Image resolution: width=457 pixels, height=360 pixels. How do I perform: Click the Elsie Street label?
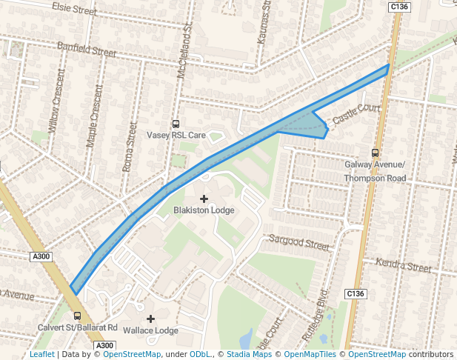tap(75, 9)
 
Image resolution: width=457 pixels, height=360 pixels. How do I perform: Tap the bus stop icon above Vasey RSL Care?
tap(176, 124)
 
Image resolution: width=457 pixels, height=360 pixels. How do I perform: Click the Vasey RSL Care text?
tap(176, 136)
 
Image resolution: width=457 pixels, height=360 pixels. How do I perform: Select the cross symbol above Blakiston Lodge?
tap(204, 199)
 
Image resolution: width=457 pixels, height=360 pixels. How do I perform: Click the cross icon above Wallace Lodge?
tap(150, 319)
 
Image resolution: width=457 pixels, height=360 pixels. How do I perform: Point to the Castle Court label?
tap(356, 113)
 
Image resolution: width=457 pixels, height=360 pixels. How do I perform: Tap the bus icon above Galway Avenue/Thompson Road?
tap(375, 153)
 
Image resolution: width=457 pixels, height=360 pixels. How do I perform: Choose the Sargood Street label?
tap(298, 241)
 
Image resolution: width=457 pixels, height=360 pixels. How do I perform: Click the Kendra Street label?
tap(403, 264)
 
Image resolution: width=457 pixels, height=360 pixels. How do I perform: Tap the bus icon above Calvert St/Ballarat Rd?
tap(77, 316)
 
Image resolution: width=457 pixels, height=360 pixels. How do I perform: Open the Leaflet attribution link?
tap(41, 354)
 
